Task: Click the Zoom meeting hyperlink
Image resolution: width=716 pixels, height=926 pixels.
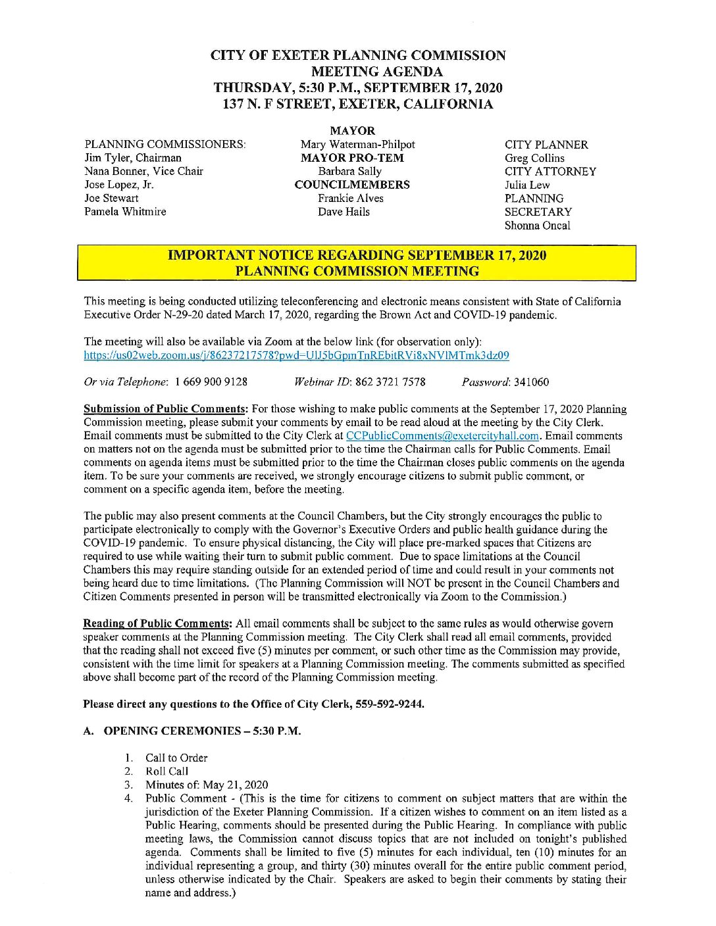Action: [296, 355]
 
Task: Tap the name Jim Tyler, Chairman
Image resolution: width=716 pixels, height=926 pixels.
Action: [133, 158]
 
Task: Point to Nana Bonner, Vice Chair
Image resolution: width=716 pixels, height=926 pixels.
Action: [143, 171]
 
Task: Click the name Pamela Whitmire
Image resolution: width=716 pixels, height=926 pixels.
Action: [125, 212]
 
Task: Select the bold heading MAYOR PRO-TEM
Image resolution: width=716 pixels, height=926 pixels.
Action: [352, 158]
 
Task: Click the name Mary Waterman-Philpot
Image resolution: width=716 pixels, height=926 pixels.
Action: [357, 145]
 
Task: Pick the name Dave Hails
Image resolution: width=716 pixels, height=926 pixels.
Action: [344, 212]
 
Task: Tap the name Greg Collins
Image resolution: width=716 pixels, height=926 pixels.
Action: [534, 158]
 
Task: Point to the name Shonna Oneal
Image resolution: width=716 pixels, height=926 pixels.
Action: [537, 226]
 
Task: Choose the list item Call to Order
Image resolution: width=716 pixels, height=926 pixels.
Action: [176, 758]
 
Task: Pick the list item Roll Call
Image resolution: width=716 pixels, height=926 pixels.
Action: [167, 771]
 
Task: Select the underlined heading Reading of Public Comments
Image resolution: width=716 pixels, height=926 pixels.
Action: [157, 623]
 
